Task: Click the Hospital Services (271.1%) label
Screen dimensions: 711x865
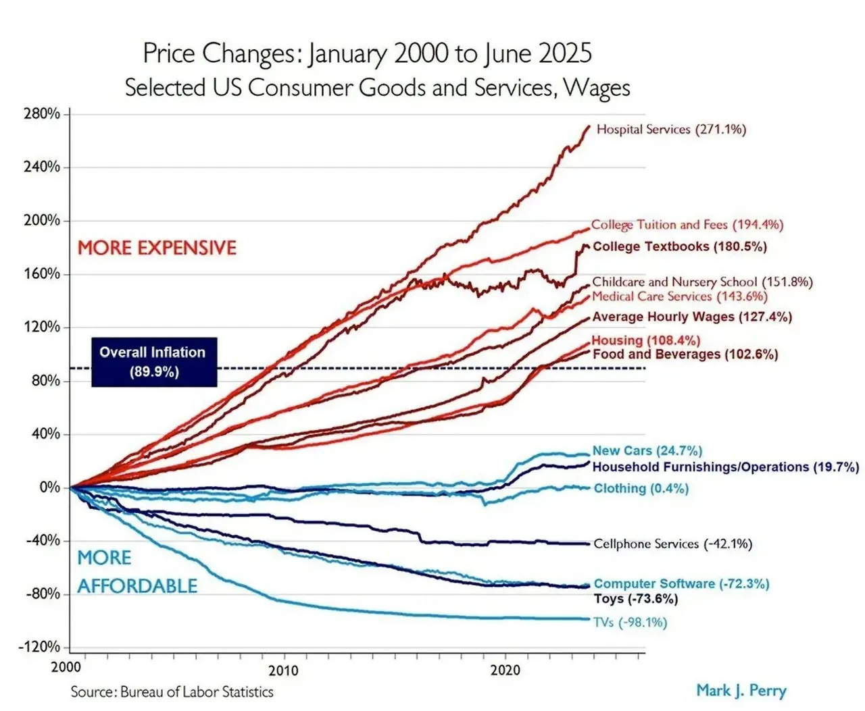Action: (x=671, y=130)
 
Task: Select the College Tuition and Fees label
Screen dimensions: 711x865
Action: (x=687, y=225)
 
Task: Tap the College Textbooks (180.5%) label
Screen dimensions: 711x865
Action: (x=679, y=246)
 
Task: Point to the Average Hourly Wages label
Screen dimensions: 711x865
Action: (x=692, y=317)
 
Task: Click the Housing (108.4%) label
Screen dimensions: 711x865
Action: (x=645, y=340)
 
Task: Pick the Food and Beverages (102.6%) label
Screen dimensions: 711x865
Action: (x=685, y=354)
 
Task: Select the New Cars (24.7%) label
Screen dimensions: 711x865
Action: (x=647, y=450)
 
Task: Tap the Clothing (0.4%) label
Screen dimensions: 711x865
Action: (x=641, y=488)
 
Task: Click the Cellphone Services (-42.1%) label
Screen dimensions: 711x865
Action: (x=672, y=544)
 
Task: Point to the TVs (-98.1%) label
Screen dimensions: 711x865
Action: (x=630, y=622)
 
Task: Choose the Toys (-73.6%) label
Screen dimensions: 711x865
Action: (x=635, y=599)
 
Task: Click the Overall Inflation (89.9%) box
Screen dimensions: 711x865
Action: (x=153, y=362)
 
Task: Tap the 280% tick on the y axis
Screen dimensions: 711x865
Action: (x=42, y=113)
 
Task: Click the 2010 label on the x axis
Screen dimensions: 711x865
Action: (x=282, y=670)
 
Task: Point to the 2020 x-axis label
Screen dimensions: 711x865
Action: (x=505, y=670)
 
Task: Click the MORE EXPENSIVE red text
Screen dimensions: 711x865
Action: (x=157, y=248)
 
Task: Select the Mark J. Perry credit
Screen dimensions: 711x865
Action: (x=741, y=690)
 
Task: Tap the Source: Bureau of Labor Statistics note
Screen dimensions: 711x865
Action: (x=172, y=692)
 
